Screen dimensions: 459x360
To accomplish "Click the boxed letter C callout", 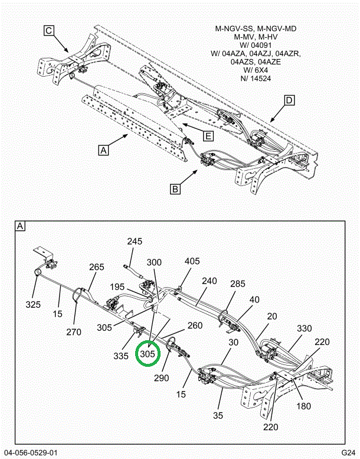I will point(49,31).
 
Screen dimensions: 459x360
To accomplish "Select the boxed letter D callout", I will point(289,100).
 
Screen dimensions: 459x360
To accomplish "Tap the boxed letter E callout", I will point(208,136).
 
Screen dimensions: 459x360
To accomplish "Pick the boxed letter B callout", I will point(175,189).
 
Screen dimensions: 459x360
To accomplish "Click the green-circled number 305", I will point(147,354).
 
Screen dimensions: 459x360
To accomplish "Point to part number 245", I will point(135,242).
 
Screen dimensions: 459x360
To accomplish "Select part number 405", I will point(192,261).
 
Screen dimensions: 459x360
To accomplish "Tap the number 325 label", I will point(33,305).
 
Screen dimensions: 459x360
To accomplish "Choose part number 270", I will point(74,332).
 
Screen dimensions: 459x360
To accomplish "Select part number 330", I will point(304,328).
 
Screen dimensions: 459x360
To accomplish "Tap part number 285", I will point(237,283).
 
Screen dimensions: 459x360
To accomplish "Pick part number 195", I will point(117,287).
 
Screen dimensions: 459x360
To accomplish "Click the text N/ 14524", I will point(251,78).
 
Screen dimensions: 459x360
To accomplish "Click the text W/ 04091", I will point(252,44).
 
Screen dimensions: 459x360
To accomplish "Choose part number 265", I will point(97,267).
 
